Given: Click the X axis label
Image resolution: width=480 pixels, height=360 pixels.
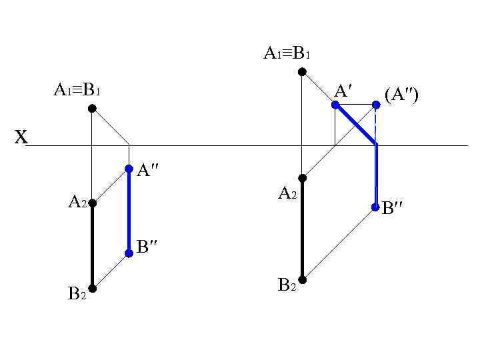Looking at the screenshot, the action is point(22,138).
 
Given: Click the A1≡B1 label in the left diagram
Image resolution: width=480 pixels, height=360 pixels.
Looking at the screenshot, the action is point(77,89).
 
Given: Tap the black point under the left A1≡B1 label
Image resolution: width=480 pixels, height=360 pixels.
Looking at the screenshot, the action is point(92,108).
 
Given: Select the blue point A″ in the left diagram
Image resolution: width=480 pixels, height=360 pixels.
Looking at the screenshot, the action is point(129,169).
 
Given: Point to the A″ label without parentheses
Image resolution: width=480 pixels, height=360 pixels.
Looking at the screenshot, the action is point(147,171).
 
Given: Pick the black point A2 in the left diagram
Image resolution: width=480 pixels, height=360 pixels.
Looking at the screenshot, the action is point(92,203).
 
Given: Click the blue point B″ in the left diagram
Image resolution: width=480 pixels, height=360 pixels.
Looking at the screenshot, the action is point(129,253).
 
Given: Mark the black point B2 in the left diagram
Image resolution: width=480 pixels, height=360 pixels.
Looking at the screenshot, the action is point(92,288).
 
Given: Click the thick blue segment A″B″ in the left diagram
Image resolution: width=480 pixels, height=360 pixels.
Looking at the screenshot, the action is point(129,211).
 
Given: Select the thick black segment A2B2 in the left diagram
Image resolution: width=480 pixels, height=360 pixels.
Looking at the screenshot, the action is point(92,245).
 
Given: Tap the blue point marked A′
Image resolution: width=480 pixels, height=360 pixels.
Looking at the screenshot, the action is point(335,104).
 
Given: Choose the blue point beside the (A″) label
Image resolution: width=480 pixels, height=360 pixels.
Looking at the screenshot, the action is point(376,104).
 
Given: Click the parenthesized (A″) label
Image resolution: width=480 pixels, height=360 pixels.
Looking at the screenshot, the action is point(401,95).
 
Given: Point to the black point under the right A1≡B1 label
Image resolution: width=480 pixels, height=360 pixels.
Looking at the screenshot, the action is point(302,71).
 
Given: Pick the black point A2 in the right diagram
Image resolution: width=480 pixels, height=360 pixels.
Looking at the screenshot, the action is point(302,178).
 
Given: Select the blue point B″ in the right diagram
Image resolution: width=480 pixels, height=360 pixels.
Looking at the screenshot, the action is point(376,207).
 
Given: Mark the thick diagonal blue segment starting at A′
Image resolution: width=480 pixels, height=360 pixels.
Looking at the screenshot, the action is point(356,125).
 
